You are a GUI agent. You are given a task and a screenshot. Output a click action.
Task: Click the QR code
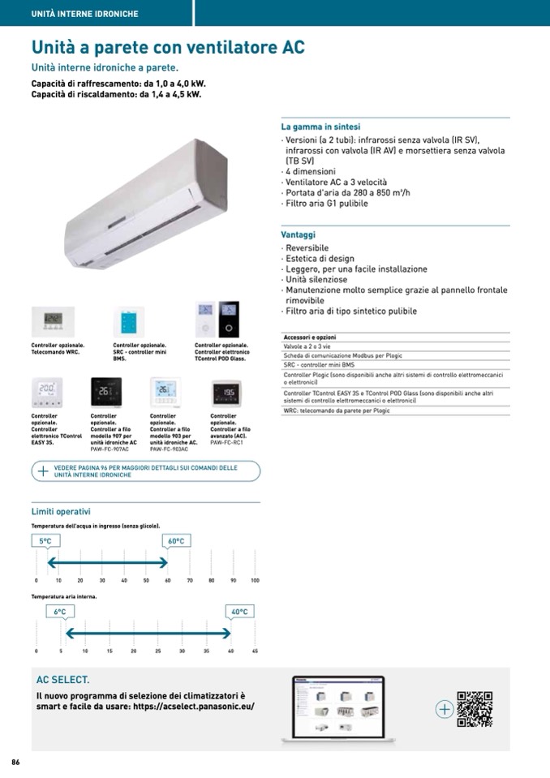(475, 708)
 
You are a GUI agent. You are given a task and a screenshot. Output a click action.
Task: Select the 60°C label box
(176, 541)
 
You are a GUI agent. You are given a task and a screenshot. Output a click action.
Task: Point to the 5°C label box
(45, 541)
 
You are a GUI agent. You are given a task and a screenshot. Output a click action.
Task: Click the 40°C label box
(239, 612)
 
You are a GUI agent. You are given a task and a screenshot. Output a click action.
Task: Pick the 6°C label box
(60, 612)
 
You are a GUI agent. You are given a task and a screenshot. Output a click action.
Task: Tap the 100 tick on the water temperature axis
(255, 581)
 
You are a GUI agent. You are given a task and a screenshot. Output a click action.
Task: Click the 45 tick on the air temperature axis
(255, 651)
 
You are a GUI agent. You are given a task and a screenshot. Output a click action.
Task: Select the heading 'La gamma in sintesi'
(321, 127)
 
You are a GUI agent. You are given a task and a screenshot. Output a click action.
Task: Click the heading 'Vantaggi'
(299, 234)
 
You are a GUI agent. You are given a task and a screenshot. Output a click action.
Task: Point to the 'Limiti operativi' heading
(61, 511)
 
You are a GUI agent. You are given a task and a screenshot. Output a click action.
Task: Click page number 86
(15, 763)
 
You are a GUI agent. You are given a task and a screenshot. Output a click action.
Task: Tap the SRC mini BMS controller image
(129, 321)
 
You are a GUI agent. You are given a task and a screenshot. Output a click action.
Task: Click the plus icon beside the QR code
(444, 709)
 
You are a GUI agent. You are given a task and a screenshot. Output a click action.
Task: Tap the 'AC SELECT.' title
(63, 679)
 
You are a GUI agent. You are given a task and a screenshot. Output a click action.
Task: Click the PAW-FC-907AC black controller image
(106, 394)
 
